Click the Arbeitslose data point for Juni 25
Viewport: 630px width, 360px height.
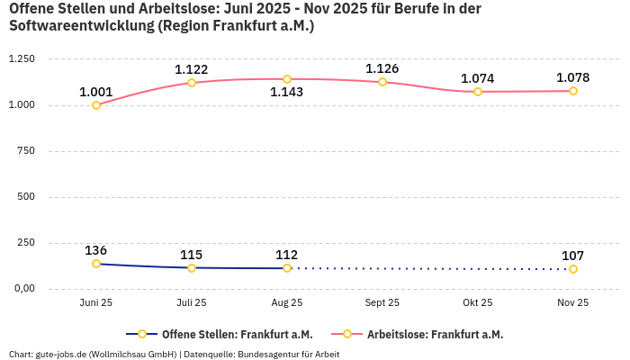(x=96, y=105)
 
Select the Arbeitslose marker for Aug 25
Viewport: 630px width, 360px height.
(x=287, y=79)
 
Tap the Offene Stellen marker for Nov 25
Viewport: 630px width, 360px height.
(x=573, y=269)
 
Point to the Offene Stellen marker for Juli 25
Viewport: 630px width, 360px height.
(x=192, y=268)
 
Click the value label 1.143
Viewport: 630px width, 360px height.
(x=287, y=92)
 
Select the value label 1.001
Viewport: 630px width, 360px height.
(x=96, y=92)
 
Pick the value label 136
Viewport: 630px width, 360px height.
(x=96, y=250)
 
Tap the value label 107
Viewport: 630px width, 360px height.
(x=573, y=256)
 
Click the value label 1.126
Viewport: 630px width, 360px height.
(x=382, y=69)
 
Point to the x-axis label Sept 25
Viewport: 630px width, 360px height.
(x=382, y=303)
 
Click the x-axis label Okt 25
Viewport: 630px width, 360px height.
(x=478, y=303)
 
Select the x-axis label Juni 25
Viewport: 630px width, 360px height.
(x=96, y=303)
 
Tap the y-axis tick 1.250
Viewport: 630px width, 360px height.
(x=21, y=59)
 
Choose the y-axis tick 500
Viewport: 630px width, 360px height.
(x=26, y=197)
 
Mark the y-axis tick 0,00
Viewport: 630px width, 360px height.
(x=23, y=289)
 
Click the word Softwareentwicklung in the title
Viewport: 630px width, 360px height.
(x=80, y=26)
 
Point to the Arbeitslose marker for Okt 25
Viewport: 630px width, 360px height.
(x=478, y=92)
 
